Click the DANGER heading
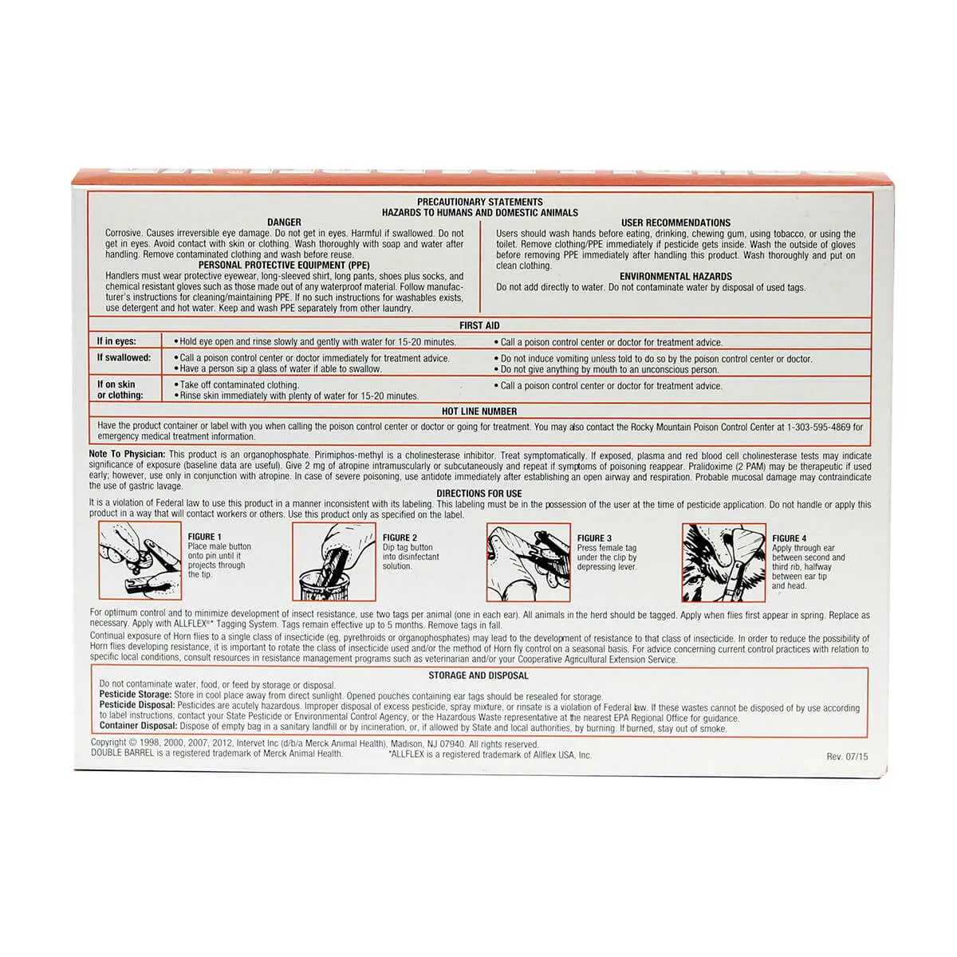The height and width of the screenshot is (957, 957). [284, 223]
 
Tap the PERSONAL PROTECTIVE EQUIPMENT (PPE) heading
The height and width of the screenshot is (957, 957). [284, 265]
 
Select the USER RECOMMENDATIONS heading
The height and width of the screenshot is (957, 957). [675, 223]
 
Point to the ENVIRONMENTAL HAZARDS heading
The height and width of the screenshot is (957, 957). [675, 277]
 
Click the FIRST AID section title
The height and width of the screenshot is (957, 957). [479, 325]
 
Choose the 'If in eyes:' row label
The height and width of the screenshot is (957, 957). [116, 341]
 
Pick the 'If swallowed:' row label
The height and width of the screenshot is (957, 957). [124, 358]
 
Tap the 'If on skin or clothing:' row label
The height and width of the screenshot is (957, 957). [120, 389]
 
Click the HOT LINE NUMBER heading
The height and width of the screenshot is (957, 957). [479, 412]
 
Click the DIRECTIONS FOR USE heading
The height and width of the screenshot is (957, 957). [479, 494]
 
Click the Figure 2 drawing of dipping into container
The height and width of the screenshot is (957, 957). [333, 561]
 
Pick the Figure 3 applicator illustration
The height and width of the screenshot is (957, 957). [528, 561]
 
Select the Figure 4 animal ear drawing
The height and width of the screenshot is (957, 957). [723, 561]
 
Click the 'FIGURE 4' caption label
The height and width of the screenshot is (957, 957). [789, 538]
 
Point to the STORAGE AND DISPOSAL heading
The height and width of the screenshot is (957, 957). [478, 675]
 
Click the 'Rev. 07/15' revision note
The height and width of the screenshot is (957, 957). [847, 756]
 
